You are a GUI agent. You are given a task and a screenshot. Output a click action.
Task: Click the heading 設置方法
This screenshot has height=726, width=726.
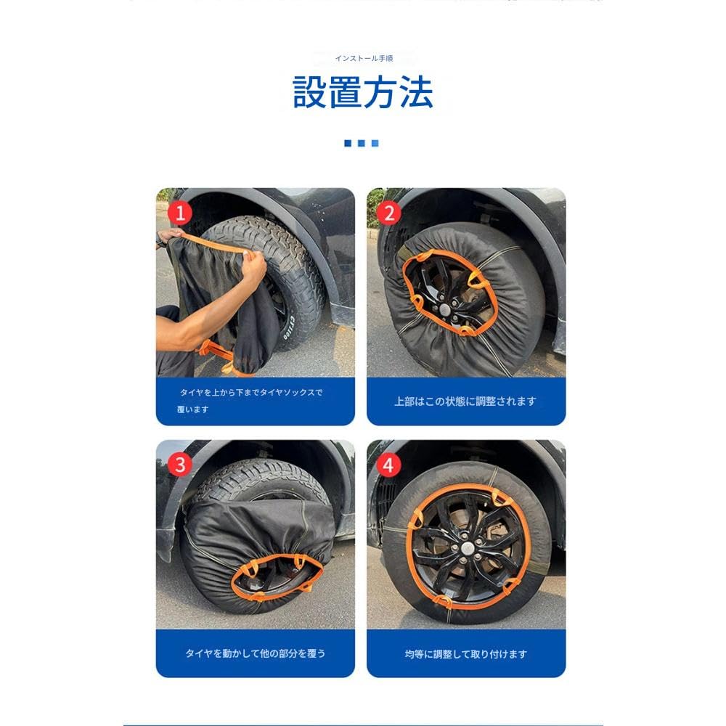(363, 93)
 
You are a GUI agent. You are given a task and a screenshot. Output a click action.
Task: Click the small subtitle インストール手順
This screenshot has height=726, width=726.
(364, 57)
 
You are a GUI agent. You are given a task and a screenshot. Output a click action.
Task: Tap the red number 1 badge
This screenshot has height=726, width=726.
(179, 213)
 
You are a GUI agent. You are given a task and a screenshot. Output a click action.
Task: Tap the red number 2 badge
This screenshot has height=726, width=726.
(389, 213)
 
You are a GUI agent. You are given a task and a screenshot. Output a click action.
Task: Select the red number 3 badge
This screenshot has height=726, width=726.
(179, 464)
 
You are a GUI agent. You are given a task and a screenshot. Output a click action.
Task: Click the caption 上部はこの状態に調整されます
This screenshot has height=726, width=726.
(465, 401)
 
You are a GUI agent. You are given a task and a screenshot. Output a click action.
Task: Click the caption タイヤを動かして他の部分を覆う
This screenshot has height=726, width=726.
(256, 653)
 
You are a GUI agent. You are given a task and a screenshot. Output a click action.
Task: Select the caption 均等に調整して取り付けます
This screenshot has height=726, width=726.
(465, 653)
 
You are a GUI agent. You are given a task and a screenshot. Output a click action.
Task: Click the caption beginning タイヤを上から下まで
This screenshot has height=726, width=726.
(250, 393)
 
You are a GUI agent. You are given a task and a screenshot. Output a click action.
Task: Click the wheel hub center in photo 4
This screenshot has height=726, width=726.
(465, 545)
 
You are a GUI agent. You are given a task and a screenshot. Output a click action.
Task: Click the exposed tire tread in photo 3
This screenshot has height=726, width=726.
(261, 479)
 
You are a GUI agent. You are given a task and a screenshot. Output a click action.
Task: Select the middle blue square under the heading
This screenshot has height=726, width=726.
(362, 144)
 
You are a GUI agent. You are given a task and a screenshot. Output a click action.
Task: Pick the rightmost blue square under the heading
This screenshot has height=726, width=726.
(375, 144)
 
